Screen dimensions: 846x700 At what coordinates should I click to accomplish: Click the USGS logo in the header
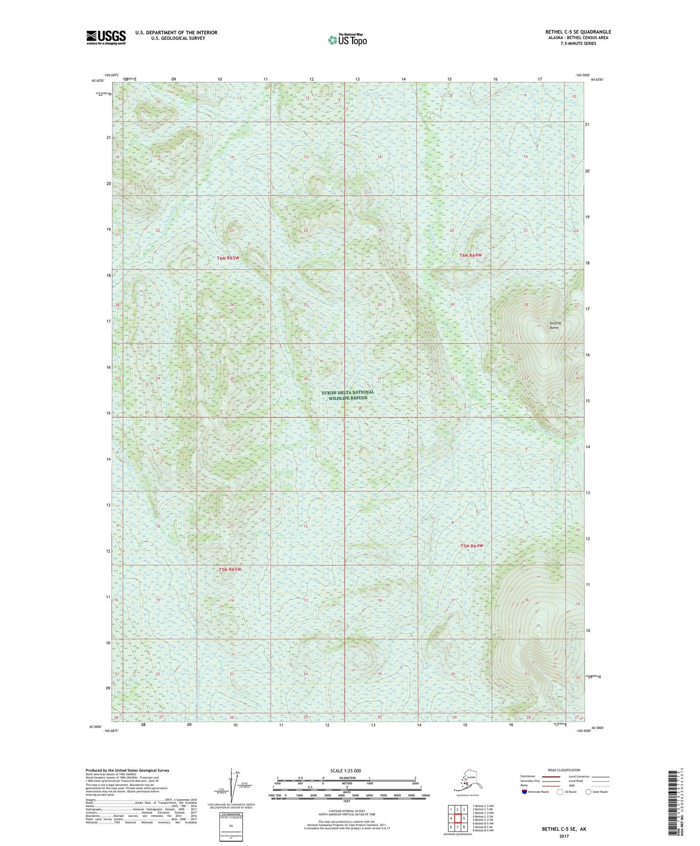106,37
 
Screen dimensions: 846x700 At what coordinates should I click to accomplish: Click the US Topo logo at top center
347,39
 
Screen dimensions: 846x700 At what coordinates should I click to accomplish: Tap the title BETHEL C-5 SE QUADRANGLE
578,32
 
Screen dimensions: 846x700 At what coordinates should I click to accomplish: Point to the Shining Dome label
555,325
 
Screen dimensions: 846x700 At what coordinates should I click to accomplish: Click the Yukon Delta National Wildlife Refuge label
348,395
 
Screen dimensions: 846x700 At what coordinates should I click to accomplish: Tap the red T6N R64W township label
470,255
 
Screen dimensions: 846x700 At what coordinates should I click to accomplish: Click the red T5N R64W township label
471,546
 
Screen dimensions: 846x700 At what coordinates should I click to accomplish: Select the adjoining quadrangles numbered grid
457,819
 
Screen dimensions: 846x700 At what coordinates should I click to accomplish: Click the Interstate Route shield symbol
524,792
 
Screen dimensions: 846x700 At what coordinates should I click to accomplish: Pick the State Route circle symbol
588,792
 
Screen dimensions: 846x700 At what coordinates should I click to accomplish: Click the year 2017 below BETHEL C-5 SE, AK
563,836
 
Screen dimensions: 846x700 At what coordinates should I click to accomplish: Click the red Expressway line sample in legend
551,776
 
